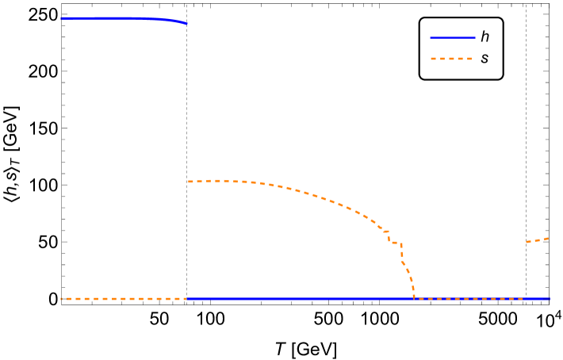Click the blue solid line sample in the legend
(453, 37)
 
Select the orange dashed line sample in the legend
(451, 59)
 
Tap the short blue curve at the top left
(123, 18)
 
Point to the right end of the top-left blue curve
(187, 24)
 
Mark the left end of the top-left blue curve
(61, 18)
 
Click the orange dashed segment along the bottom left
(123, 299)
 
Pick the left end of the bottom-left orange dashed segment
(61, 299)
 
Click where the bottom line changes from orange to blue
(187, 299)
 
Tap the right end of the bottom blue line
(549, 299)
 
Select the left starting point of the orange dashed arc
(189, 182)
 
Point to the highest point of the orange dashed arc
(218, 180)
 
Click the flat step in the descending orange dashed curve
(395, 243)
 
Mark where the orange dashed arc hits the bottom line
(414, 298)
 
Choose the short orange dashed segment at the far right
(538, 239)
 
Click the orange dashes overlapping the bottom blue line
(468, 299)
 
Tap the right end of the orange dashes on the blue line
(522, 299)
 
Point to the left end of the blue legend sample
(431, 37)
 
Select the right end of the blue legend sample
(475, 37)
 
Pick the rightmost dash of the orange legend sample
(469, 59)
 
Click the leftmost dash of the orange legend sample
(434, 59)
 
